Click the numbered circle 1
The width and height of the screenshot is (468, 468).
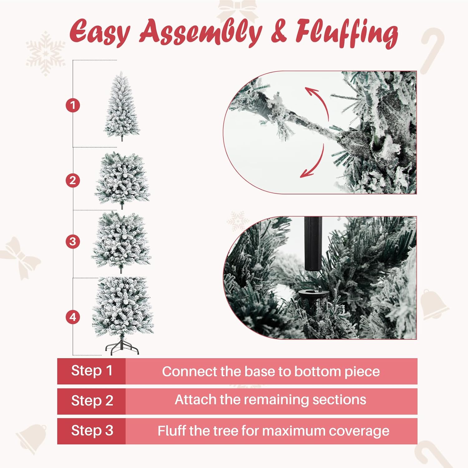73,105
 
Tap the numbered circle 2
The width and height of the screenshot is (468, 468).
73,181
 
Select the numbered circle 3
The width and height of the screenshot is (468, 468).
73,241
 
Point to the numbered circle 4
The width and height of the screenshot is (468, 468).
73,317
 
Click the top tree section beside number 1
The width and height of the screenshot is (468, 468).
122,106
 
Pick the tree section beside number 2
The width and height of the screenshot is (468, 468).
122,180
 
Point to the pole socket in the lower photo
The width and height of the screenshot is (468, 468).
313,298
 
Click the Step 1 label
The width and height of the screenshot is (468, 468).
91,371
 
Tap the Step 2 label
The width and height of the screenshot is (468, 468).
92,401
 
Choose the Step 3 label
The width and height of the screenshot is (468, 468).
92,431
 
